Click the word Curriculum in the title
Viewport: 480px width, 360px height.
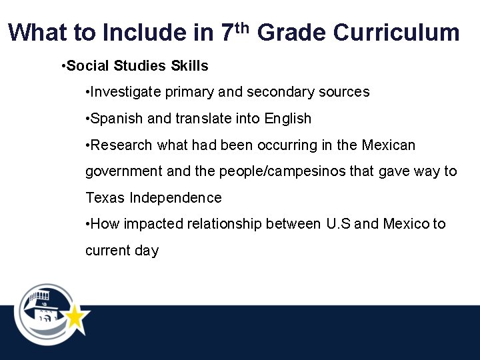coord(396,32)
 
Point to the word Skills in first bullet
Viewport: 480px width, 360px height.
coord(189,66)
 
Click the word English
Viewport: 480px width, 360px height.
coord(288,119)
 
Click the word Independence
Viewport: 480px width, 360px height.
coord(175,198)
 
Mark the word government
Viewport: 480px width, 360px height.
coord(124,171)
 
